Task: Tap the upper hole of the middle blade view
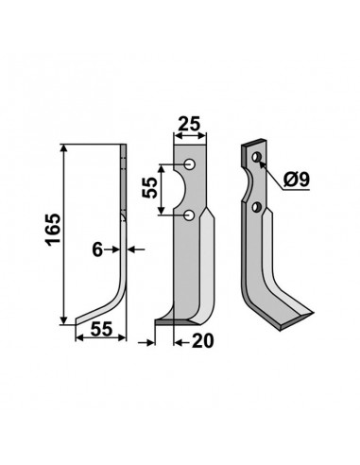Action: pyautogui.click(x=192, y=166)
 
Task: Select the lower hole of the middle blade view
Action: pyautogui.click(x=192, y=217)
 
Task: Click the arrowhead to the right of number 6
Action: pyautogui.click(x=131, y=250)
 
